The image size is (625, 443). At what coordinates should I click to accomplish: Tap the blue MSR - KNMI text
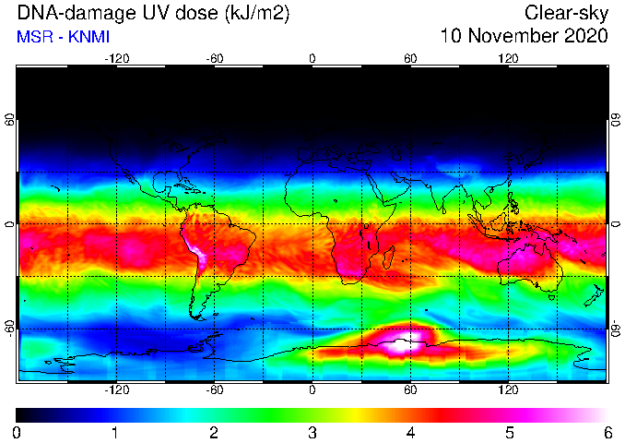click(63, 37)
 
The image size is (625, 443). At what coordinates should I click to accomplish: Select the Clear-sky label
click(566, 13)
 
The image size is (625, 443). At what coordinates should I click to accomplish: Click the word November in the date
click(514, 35)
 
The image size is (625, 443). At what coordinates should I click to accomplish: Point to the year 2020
click(586, 35)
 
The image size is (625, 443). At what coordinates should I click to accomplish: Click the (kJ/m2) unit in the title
click(256, 13)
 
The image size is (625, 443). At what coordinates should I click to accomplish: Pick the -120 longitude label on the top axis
click(117, 59)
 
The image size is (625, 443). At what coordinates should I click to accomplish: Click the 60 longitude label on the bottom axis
click(410, 389)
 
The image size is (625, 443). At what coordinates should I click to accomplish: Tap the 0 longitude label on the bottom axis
click(312, 389)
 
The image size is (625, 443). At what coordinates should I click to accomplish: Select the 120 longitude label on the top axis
click(508, 59)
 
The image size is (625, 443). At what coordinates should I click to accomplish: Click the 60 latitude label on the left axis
click(9, 119)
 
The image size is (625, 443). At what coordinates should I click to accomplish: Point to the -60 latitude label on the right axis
click(616, 329)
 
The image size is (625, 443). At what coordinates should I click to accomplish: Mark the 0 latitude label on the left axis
click(9, 224)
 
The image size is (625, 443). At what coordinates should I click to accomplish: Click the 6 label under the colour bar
click(607, 433)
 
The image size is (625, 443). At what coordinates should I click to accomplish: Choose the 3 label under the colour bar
click(312, 433)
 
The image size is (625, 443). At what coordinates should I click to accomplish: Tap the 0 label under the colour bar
click(17, 433)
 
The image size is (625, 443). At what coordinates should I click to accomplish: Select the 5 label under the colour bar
click(510, 433)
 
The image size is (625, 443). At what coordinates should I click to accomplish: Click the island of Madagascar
click(389, 257)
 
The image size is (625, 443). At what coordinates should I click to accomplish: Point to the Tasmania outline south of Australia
click(552, 297)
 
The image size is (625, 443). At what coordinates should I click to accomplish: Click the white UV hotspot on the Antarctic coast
click(403, 344)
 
